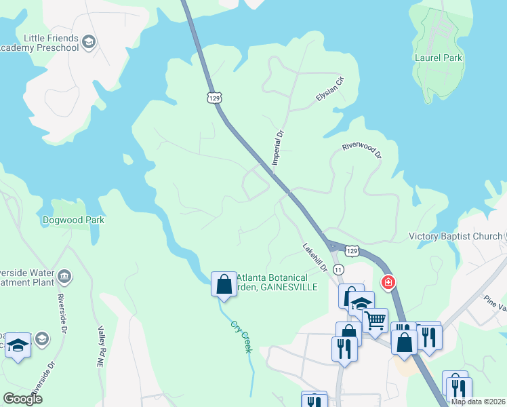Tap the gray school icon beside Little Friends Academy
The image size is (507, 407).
[88, 43]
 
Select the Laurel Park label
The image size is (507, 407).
[438, 58]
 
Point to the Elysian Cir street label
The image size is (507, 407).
[331, 89]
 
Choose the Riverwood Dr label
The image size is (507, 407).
[362, 150]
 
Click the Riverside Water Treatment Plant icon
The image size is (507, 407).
[64, 275]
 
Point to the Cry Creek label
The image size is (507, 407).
[241, 336]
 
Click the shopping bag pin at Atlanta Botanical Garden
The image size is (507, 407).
[224, 284]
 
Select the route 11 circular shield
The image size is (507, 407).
[338, 270]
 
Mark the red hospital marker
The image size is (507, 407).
[388, 282]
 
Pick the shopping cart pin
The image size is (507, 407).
[375, 319]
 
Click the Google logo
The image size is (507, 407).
[22, 399]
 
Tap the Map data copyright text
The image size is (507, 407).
[478, 402]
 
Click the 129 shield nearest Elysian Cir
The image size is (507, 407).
[214, 99]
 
